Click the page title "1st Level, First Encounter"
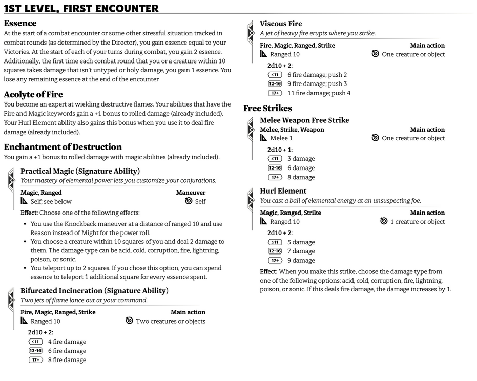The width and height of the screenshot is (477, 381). click(81, 9)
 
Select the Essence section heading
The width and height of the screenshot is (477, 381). click(20, 23)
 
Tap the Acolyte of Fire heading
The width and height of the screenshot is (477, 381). click(33, 94)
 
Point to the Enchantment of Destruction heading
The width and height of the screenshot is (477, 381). click(63, 147)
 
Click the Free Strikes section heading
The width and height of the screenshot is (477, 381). click(267, 108)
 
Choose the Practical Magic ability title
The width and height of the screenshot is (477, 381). click(80, 171)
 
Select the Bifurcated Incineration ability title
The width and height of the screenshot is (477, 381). click(94, 290)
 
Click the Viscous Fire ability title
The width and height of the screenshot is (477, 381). click(281, 24)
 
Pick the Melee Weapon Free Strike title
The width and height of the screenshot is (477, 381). click(304, 120)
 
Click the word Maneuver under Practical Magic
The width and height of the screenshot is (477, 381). click(191, 193)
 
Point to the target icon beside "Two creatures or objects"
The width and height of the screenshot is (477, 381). click(130, 321)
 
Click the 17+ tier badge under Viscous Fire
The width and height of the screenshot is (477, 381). click(275, 93)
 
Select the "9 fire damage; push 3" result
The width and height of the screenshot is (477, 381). click(317, 84)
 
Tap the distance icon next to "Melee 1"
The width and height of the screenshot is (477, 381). click(264, 138)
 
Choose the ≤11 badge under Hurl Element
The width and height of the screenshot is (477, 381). click(275, 242)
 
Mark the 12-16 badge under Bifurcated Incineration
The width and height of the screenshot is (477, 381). click(35, 351)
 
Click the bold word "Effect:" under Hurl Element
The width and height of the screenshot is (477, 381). click(268, 271)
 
